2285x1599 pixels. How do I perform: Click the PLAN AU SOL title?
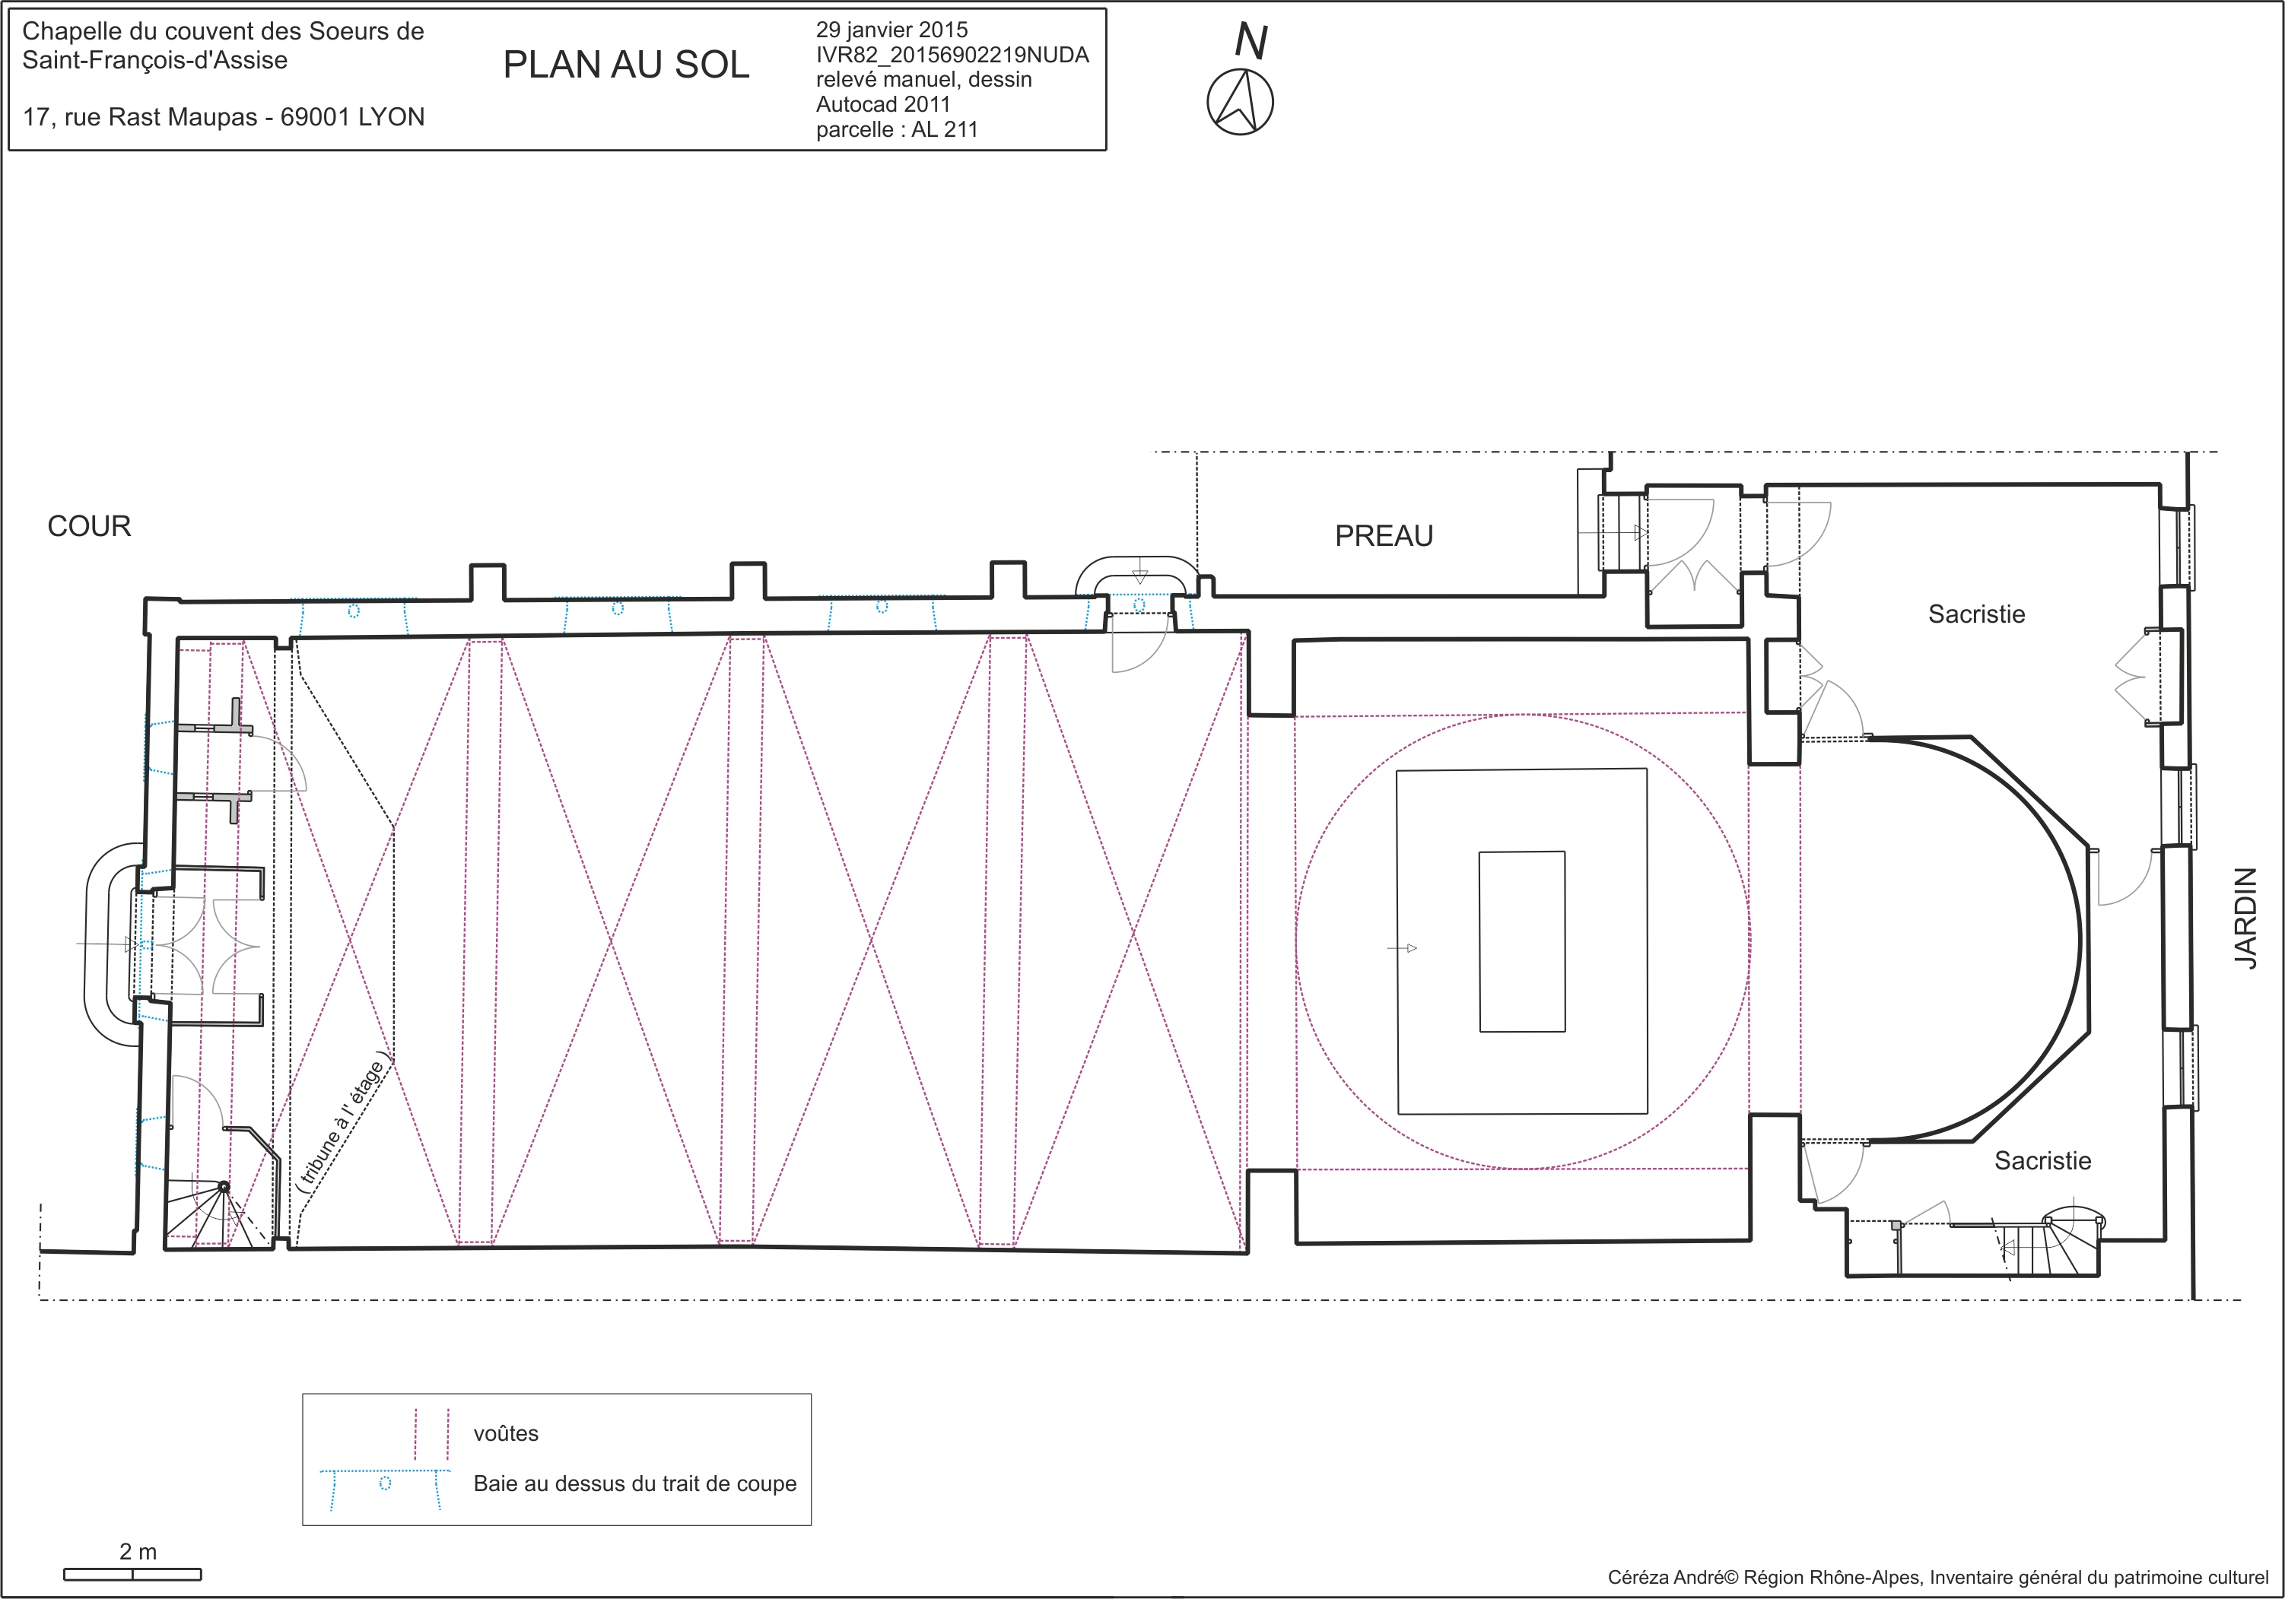tap(626, 65)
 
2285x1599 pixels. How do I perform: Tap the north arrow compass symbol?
tap(1240, 101)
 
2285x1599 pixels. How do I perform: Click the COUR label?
tap(90, 526)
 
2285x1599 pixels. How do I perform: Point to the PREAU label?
tap(1384, 536)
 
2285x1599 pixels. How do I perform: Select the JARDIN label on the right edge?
tap(2245, 918)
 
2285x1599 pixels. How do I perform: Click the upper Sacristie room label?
tap(1976, 614)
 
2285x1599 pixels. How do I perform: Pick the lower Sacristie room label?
tap(2042, 1160)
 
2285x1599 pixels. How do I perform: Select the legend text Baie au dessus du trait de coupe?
tap(635, 1483)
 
